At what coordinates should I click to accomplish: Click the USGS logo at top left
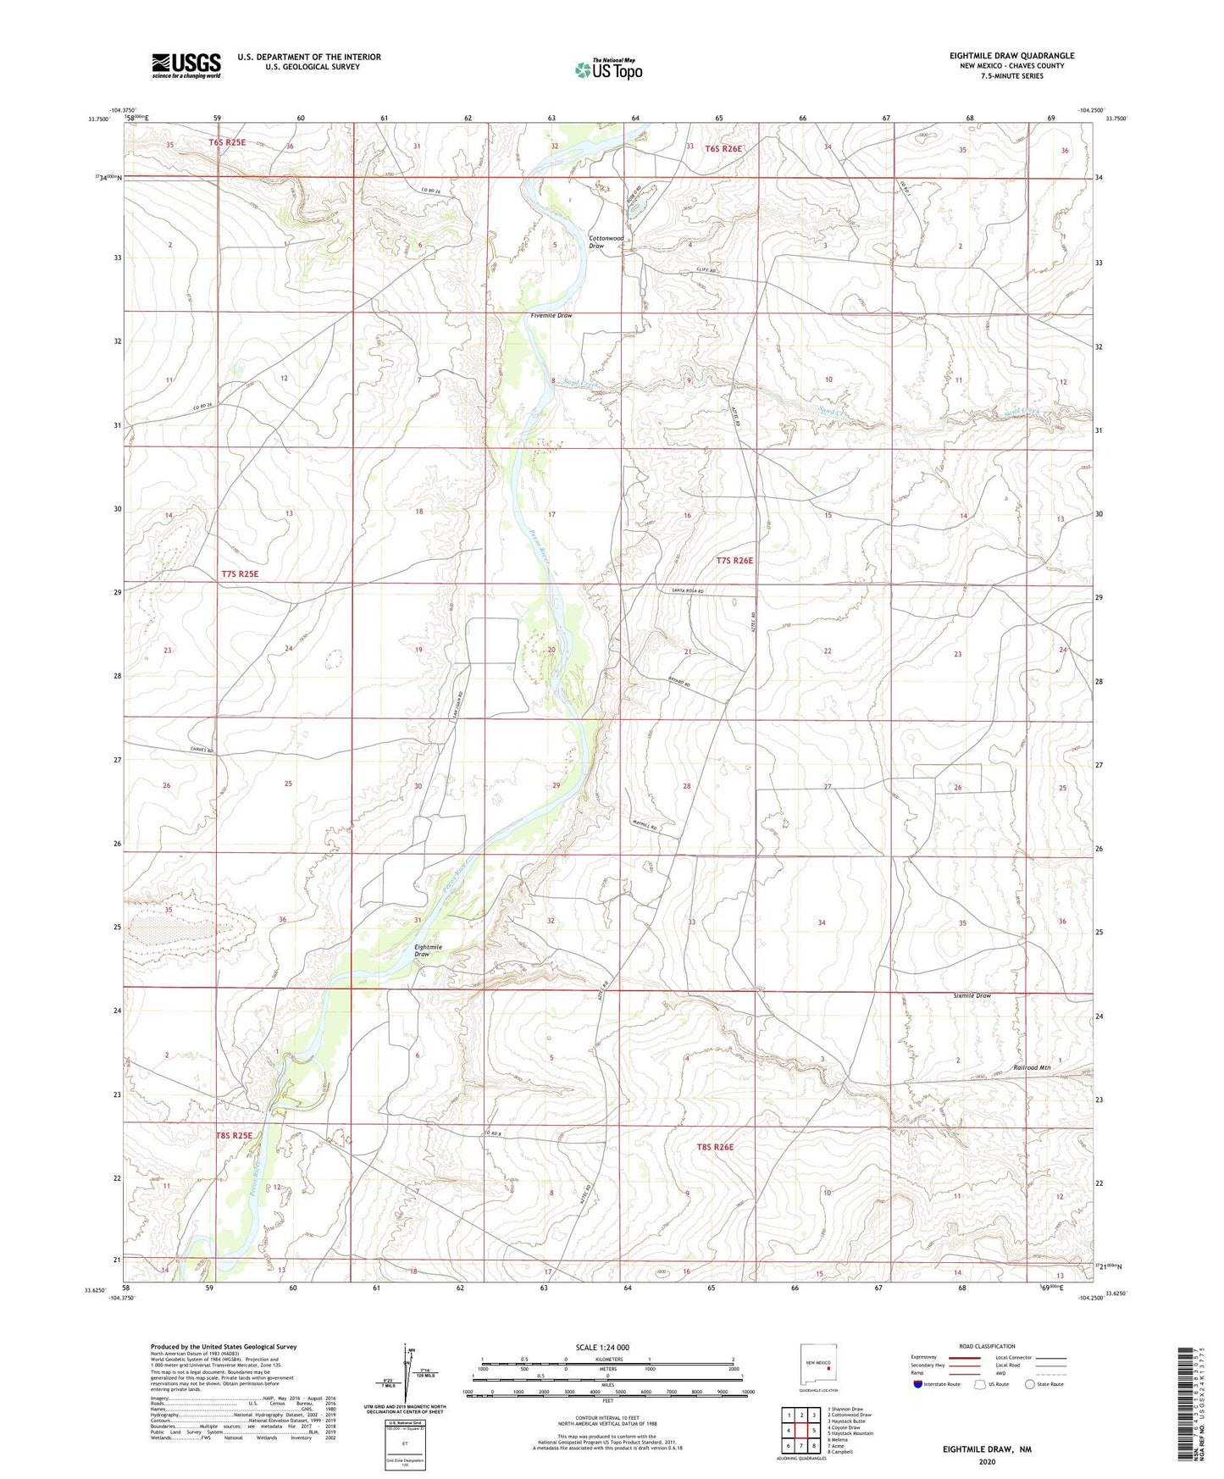pyautogui.click(x=186, y=65)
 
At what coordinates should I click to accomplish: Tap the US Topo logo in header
pyautogui.click(x=608, y=69)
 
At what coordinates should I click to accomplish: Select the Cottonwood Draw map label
pyautogui.click(x=606, y=242)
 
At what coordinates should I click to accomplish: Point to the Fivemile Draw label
pyautogui.click(x=551, y=315)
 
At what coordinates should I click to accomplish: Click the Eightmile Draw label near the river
pyautogui.click(x=428, y=950)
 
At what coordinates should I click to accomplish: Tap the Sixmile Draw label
pyautogui.click(x=972, y=996)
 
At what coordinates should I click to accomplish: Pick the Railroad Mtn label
pyautogui.click(x=1032, y=1068)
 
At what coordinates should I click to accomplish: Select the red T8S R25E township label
pyautogui.click(x=234, y=1135)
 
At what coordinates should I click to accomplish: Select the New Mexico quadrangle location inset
pyautogui.click(x=818, y=1367)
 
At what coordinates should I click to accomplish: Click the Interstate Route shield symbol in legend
pyautogui.click(x=918, y=1384)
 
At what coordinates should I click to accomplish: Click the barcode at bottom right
pyautogui.click(x=1188, y=1406)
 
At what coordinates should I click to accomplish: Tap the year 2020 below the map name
pyautogui.click(x=987, y=1461)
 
